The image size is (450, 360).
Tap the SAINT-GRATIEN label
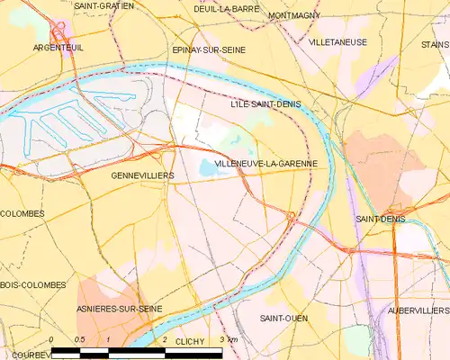(x=103, y=5)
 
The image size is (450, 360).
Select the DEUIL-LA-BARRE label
(x=227, y=8)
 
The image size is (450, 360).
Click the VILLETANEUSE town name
(x=337, y=41)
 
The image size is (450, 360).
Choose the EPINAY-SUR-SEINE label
(x=209, y=50)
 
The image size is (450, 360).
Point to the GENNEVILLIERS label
(x=143, y=175)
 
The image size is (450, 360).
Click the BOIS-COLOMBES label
(x=33, y=284)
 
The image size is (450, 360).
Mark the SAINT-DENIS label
(x=380, y=219)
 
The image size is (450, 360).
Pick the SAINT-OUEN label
(x=285, y=319)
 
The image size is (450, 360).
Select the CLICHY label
(x=190, y=342)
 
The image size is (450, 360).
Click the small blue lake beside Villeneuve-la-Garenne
(x=208, y=167)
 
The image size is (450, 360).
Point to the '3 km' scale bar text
(x=229, y=339)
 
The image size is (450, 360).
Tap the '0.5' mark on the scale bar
(x=79, y=339)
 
